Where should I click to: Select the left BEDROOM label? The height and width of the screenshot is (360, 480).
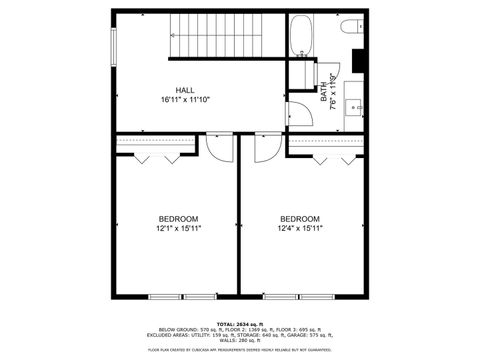pos(178,219)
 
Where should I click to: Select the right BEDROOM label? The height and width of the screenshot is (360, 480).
pos(299,219)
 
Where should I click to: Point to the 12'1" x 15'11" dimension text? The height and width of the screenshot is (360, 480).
pos(178,229)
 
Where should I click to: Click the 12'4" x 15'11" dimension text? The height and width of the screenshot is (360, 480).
pos(299,229)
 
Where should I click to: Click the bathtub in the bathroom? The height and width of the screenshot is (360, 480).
pos(301,39)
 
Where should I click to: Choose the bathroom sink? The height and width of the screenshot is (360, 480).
pos(354,104)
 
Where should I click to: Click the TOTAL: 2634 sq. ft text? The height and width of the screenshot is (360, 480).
pos(240,324)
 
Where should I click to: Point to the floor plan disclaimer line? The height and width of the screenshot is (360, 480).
pos(240,350)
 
